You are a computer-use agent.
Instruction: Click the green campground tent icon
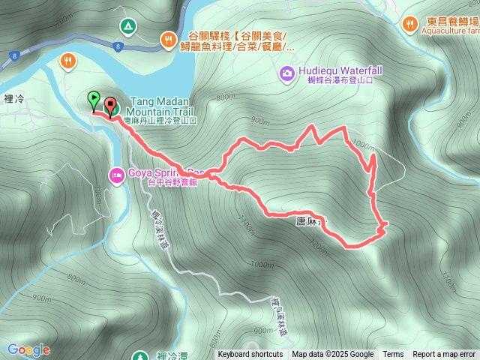(x=127, y=27)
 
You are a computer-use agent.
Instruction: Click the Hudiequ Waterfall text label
(x=340, y=70)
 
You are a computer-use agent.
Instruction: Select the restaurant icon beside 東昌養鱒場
(x=409, y=24)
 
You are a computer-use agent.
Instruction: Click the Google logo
(x=28, y=349)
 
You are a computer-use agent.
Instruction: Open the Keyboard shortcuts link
(x=250, y=355)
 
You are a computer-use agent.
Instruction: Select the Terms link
(x=393, y=355)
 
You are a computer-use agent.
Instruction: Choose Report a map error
(x=445, y=355)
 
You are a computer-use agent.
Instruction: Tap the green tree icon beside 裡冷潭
(x=136, y=355)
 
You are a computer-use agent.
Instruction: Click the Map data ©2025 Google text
(x=333, y=355)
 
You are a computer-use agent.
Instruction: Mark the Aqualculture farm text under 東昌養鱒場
(x=450, y=32)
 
